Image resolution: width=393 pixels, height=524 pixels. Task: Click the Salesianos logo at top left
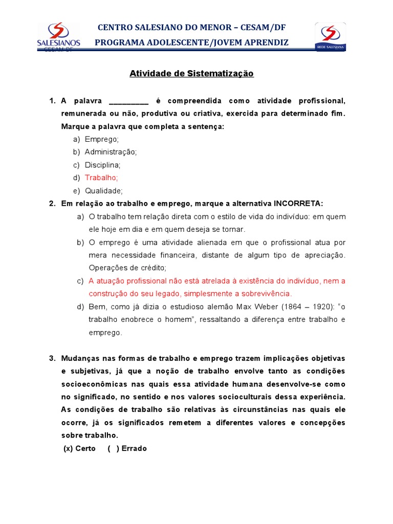point(58,36)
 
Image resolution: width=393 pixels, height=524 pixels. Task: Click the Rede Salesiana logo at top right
point(330,37)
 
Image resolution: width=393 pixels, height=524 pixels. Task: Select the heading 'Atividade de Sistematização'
point(191,74)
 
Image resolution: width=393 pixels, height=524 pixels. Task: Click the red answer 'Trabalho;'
point(101,178)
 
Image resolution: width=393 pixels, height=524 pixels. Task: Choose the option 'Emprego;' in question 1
point(101,139)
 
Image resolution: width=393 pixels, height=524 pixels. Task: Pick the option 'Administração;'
point(111,151)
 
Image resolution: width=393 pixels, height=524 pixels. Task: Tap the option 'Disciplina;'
point(102,165)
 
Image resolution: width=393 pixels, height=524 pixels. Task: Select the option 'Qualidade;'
point(104,191)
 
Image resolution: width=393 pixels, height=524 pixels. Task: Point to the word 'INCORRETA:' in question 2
point(298,204)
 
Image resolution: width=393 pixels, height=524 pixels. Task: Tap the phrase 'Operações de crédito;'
point(127,268)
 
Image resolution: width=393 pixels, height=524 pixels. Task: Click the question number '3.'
point(52,358)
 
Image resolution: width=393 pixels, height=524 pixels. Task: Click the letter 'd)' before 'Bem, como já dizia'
point(80,307)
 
